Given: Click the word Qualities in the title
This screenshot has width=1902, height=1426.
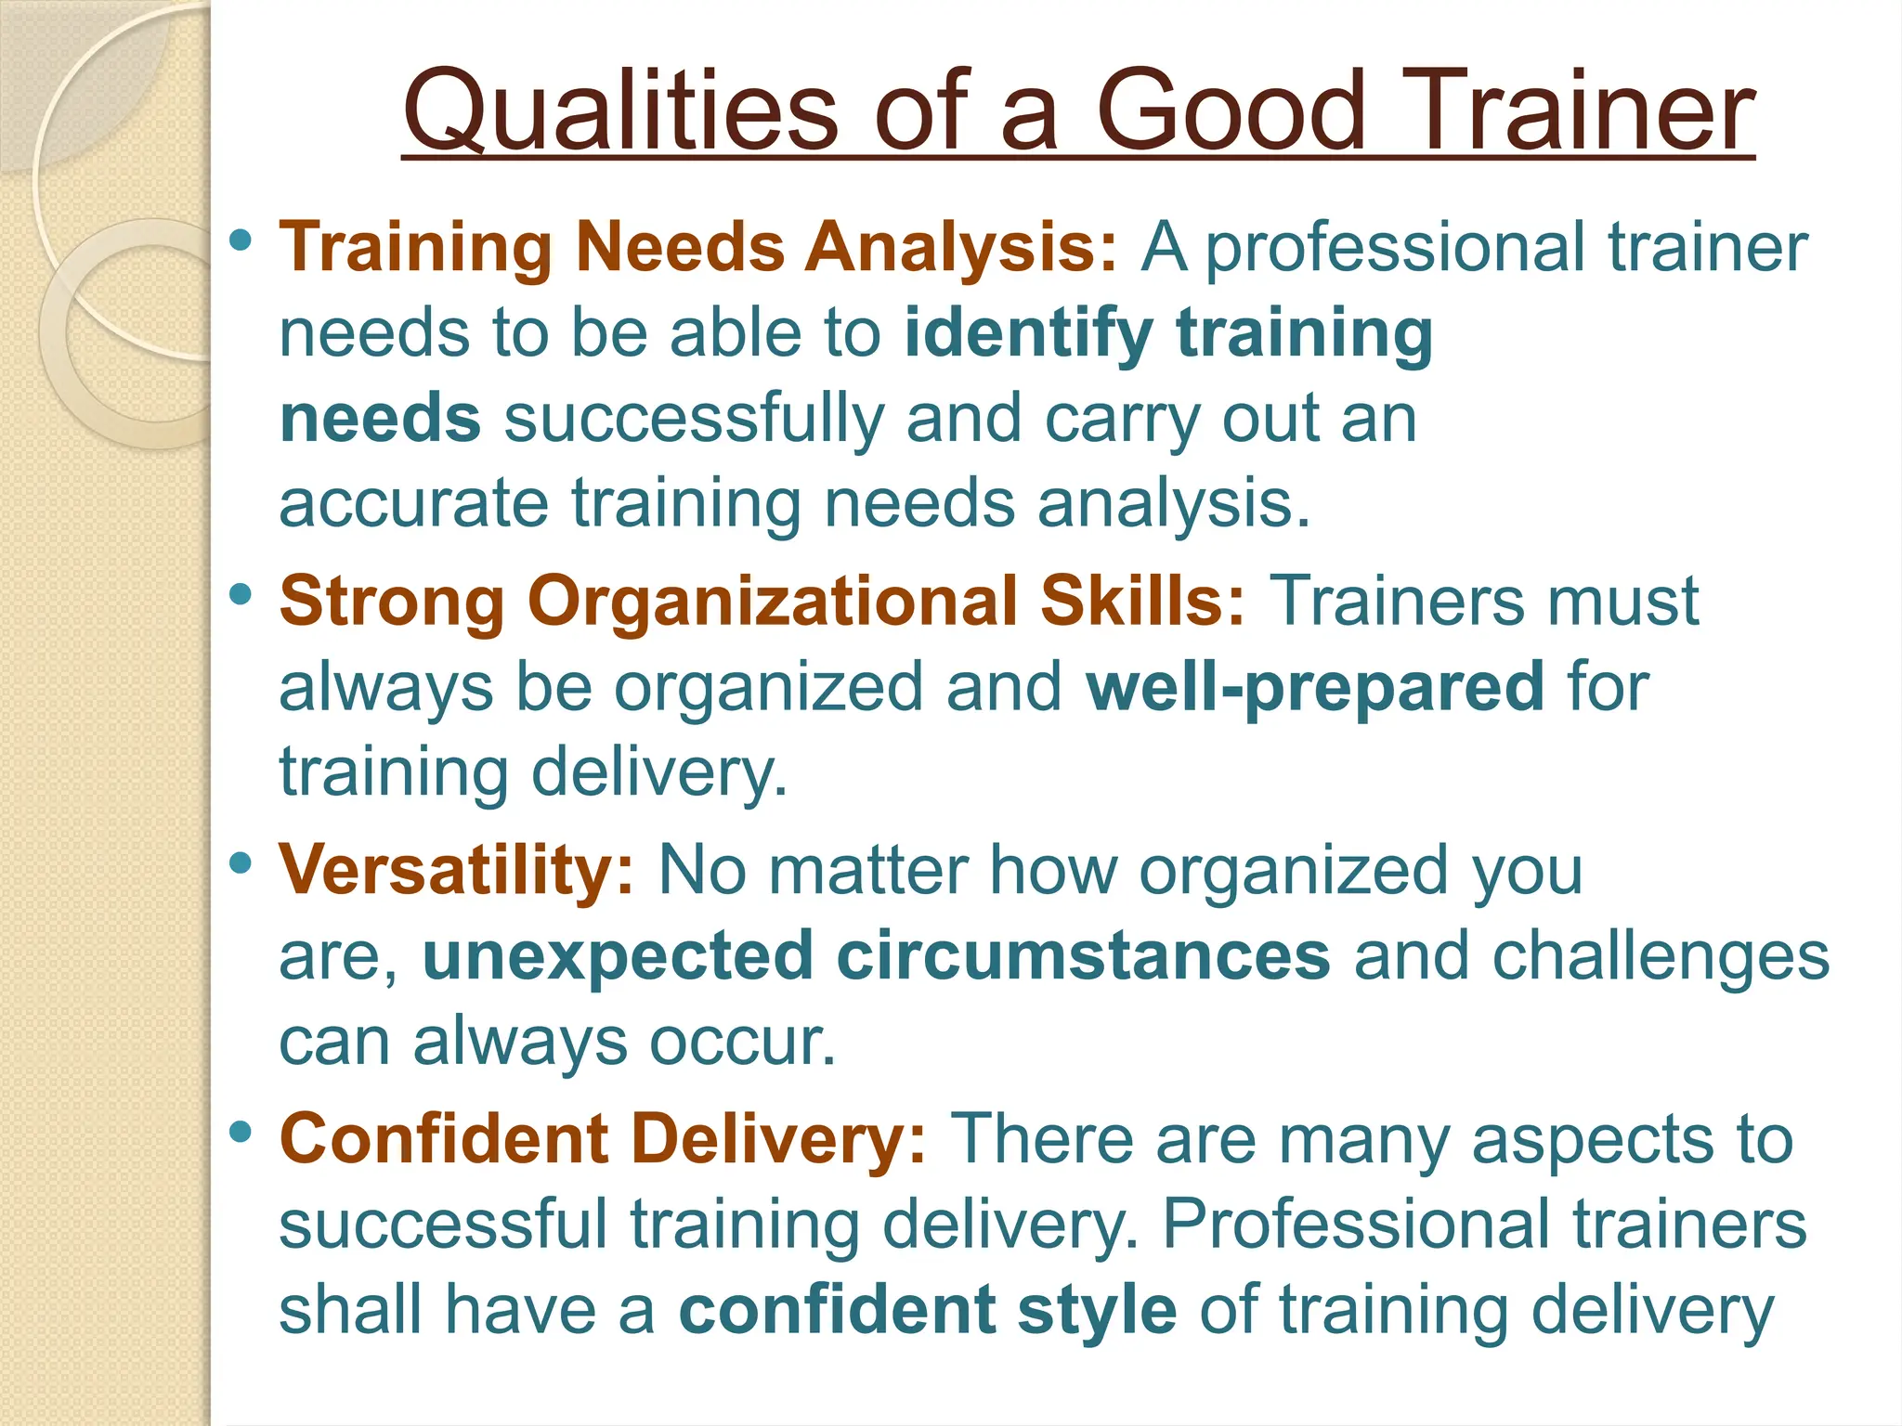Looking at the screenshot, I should (620, 113).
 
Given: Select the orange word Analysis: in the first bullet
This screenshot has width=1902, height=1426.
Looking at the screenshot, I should (961, 248).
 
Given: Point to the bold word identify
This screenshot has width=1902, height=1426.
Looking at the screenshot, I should (1028, 334).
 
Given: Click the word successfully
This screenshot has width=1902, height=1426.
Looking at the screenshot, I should (693, 420).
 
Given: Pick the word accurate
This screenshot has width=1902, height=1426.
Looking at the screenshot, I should (414, 504).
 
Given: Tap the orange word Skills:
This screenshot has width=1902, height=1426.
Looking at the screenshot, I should (1142, 602).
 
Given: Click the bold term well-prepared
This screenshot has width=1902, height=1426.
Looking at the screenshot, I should (1315, 688).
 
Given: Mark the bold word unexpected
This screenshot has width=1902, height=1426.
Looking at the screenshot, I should (618, 956).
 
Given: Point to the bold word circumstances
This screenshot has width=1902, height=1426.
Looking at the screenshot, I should (1083, 956).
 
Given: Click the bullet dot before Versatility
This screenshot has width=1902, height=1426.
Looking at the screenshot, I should (241, 862).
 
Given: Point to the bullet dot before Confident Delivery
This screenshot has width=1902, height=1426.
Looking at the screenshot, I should (241, 1132).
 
